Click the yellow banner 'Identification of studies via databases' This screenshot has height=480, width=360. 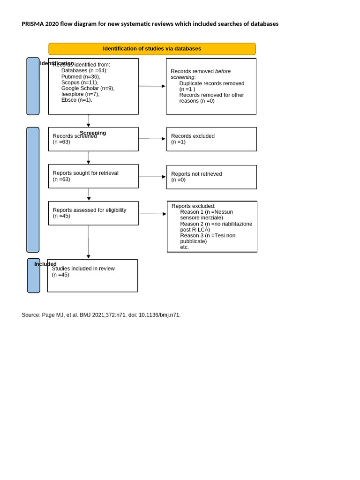152,49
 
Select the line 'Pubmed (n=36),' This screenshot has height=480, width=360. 81,76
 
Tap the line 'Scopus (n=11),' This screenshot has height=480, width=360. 80,82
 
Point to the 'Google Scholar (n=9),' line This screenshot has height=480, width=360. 88,88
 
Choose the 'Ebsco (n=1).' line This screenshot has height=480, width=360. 76,100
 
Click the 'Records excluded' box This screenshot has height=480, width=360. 211,139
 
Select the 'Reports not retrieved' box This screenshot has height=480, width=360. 211,177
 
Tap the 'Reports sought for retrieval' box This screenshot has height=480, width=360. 93,176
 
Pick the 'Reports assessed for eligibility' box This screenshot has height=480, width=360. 93,213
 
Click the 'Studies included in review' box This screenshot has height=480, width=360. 92,276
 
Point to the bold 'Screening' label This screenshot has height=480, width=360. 93,133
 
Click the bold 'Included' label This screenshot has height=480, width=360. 45,264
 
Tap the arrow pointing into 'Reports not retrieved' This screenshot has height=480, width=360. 152,177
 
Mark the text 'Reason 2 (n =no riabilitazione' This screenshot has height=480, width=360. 216,224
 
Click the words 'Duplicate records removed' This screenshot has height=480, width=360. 211,83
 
